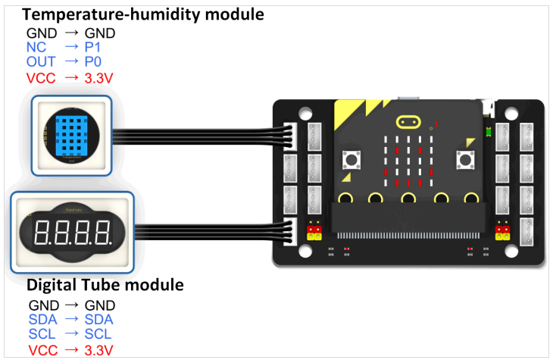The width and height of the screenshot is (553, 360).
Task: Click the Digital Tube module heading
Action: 105,286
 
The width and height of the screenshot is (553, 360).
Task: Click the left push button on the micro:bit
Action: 351,161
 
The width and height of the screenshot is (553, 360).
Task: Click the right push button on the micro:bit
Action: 464,161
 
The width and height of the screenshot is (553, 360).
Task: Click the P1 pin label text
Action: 93,47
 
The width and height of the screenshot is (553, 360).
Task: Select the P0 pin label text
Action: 94,61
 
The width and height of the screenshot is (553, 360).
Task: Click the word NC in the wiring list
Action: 36,47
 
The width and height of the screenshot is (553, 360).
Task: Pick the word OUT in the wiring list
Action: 39,61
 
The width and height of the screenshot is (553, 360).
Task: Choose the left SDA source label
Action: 42,319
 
